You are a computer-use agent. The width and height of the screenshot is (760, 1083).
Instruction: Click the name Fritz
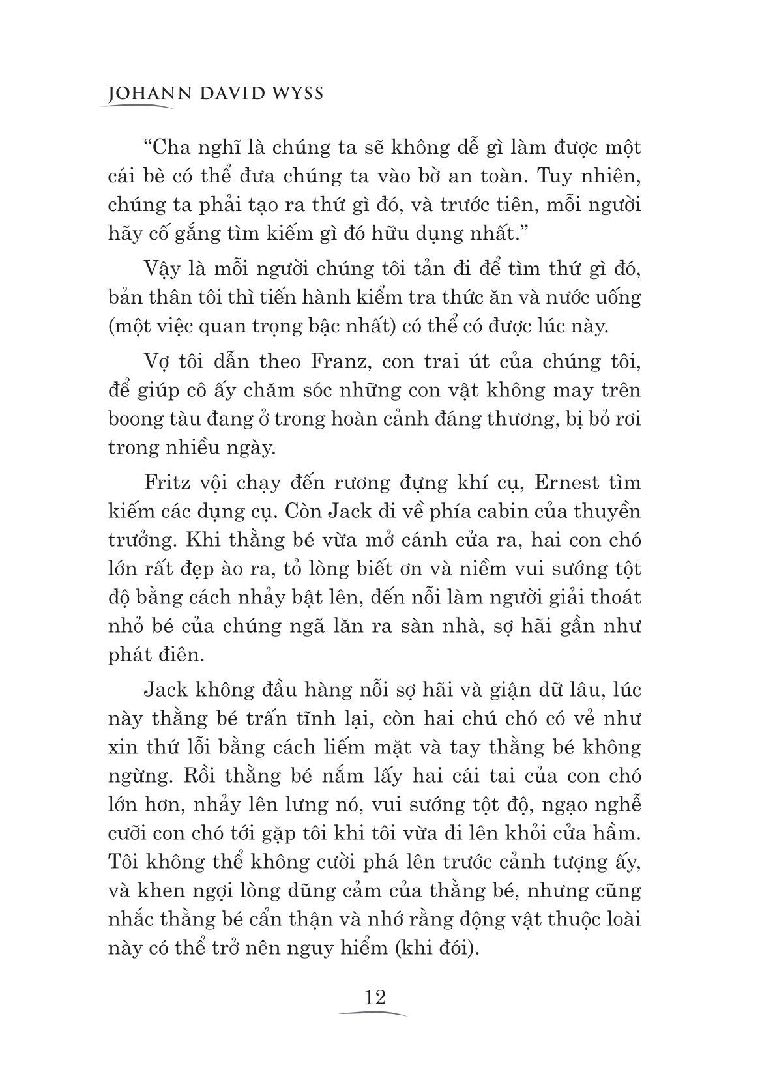(166, 483)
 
